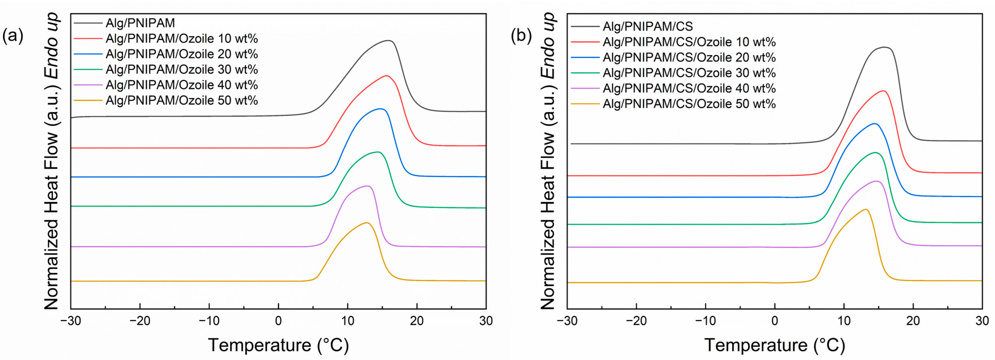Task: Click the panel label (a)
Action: [13, 36]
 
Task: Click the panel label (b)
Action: [521, 36]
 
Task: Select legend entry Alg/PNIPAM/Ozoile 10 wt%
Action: [181, 39]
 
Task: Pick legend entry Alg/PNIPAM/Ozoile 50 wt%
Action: [181, 100]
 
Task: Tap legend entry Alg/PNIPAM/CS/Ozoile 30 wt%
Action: [689, 72]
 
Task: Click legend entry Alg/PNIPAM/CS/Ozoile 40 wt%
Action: [689, 88]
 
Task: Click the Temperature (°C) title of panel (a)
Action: [278, 345]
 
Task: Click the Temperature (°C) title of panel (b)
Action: [775, 345]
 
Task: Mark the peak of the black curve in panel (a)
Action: [388, 40]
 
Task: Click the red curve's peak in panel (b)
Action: [883, 91]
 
